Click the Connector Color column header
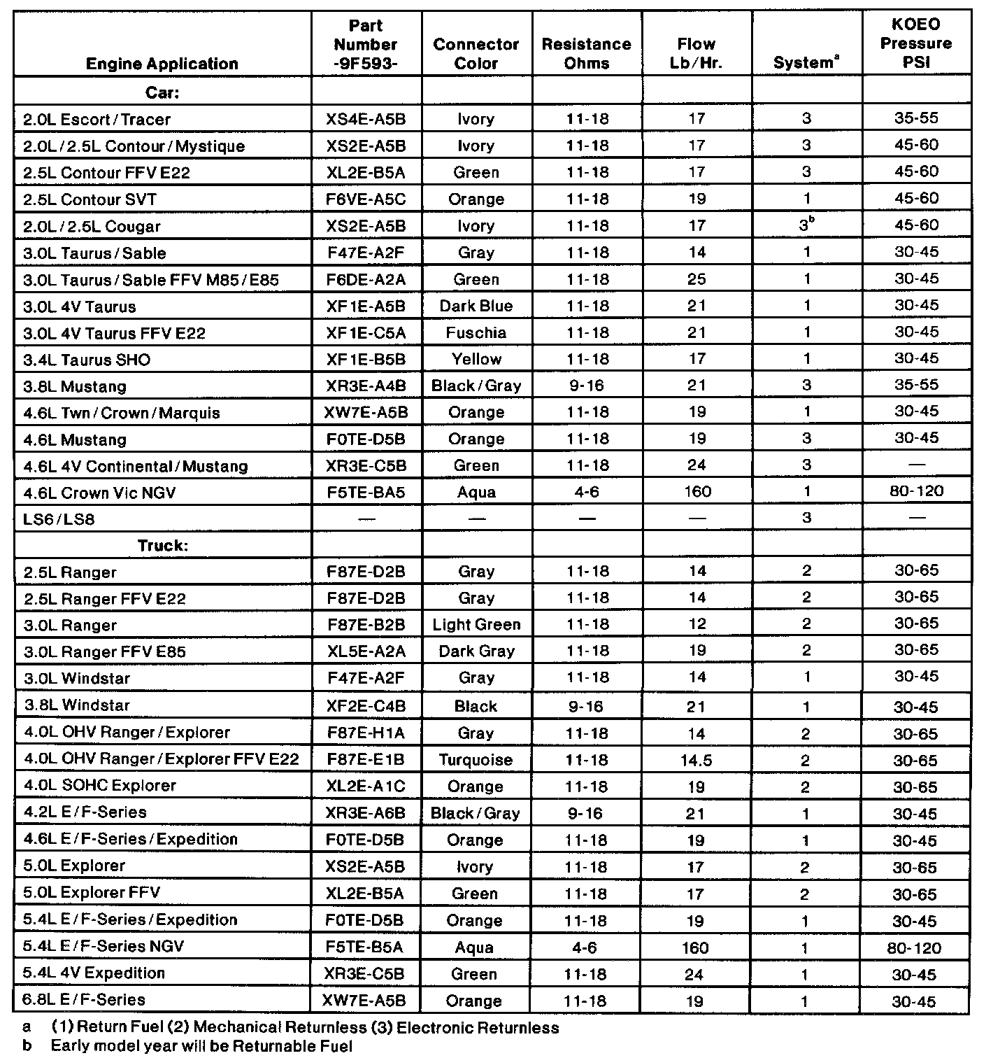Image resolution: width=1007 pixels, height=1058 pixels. (x=476, y=54)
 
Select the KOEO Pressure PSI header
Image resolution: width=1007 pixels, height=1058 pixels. (x=916, y=43)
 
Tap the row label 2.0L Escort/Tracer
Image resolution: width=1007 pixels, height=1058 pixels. (x=97, y=120)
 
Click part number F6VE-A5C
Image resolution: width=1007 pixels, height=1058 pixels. (x=366, y=199)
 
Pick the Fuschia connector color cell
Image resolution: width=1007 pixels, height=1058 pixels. (x=476, y=332)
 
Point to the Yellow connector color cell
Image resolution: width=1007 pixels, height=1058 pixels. (x=476, y=359)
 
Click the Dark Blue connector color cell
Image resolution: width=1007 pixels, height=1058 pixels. (x=476, y=306)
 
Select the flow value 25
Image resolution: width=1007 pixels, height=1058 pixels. (x=697, y=279)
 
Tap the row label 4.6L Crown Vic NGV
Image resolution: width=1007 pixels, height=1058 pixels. (x=99, y=493)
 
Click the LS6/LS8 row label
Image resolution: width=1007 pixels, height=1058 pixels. (x=59, y=519)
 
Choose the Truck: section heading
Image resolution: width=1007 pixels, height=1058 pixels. (x=162, y=545)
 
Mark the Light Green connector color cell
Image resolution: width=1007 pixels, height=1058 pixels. (x=476, y=624)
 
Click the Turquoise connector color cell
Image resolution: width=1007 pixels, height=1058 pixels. (x=476, y=759)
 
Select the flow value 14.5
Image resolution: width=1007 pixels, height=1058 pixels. (x=696, y=760)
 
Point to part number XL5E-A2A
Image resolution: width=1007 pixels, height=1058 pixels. (x=366, y=651)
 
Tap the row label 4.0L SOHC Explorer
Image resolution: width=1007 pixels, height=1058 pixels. (x=100, y=785)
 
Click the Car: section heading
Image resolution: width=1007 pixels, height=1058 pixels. (x=162, y=92)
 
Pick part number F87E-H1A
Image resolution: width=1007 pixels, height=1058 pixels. (x=365, y=733)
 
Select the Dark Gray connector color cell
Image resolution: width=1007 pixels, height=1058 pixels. (x=476, y=651)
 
